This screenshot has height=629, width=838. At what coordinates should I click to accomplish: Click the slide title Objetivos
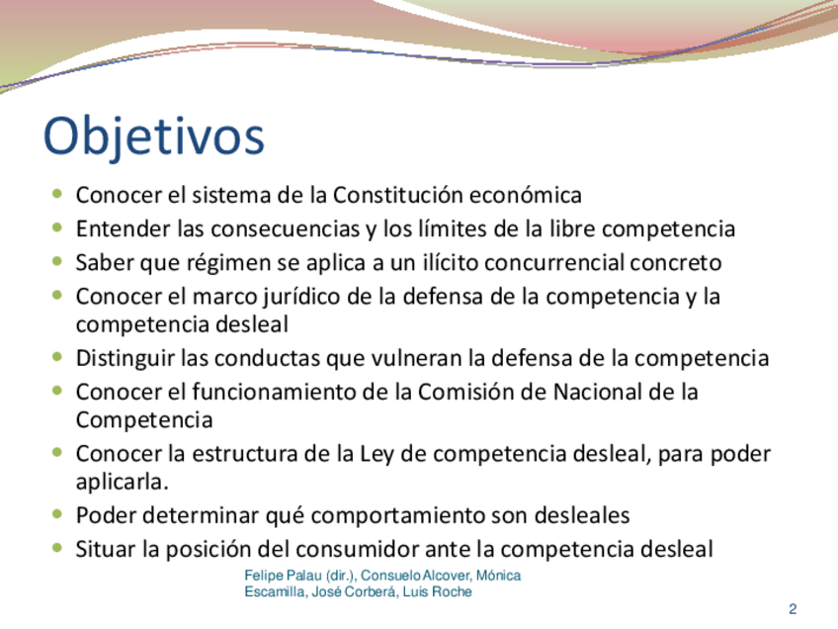tap(154, 136)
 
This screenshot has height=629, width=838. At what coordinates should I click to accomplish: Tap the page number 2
tap(793, 608)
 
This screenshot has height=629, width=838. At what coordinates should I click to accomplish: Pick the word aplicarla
tap(122, 483)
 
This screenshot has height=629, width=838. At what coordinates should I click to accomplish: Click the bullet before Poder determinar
tap(57, 514)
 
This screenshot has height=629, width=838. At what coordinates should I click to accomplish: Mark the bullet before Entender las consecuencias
tap(57, 227)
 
